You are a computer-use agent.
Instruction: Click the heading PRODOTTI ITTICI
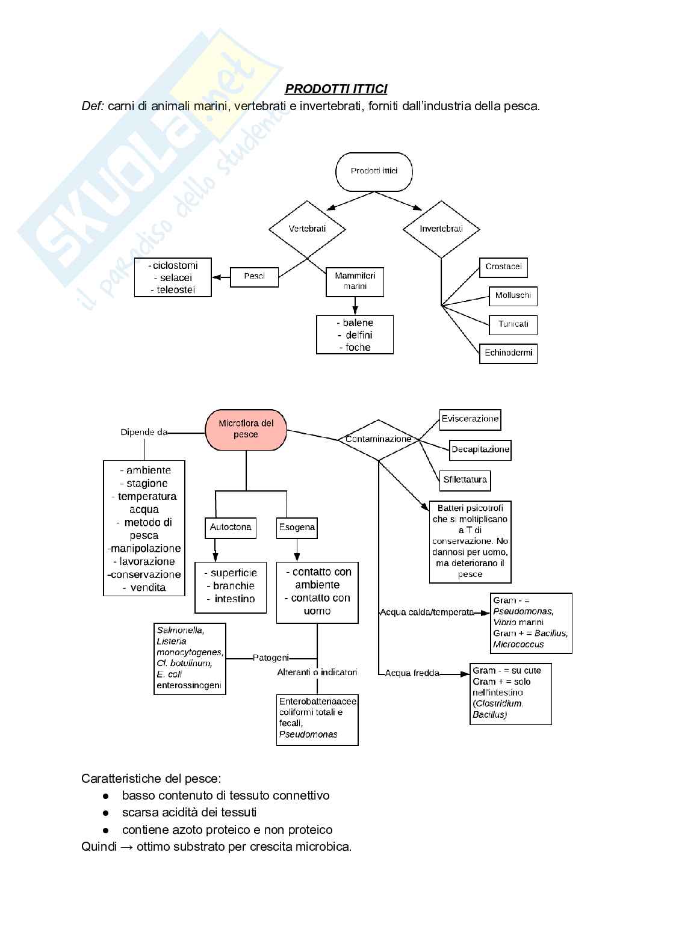coord(336,89)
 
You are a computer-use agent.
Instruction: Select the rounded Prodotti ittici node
coord(374,171)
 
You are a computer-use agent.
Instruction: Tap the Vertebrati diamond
coord(307,229)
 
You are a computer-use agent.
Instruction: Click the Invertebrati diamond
coord(441,229)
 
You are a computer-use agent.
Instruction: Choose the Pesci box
coord(255,277)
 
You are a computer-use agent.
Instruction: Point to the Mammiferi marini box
coord(355,282)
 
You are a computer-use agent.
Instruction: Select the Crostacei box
coord(503,267)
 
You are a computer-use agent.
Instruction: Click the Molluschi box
coord(513,296)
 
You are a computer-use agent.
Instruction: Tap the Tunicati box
coord(513,325)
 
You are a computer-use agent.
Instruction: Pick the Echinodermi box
coord(509,353)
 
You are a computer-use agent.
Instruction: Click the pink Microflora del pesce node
coord(246,430)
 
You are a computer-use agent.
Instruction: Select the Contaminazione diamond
coord(378,440)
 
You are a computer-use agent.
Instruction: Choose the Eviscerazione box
coord(470,419)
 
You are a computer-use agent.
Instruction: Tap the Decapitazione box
coord(480,449)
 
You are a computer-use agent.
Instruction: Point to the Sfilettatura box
coord(465,480)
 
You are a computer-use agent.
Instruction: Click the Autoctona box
coord(231,528)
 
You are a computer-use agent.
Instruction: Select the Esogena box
coord(297,528)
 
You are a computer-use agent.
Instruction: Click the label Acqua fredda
coord(412,673)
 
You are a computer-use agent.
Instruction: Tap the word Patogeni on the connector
coord(271,658)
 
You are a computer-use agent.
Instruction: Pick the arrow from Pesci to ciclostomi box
coord(222,277)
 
